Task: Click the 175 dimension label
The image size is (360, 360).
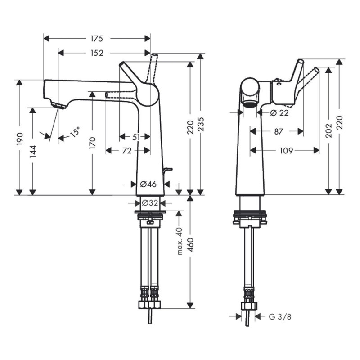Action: click(96, 38)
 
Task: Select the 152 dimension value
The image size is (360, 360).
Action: click(96, 53)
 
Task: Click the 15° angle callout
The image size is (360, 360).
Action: click(75, 132)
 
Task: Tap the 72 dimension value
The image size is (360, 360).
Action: click(127, 151)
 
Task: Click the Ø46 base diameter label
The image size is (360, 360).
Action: click(148, 184)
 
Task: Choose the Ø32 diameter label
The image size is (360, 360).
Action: click(150, 203)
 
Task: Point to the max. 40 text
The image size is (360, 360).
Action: click(179, 241)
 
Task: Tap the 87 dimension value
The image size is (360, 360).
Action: click(278, 131)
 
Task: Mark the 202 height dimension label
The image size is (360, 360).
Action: click(329, 130)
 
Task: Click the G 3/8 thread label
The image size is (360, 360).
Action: click(280, 317)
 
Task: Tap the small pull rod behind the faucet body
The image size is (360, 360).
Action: click(168, 169)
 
